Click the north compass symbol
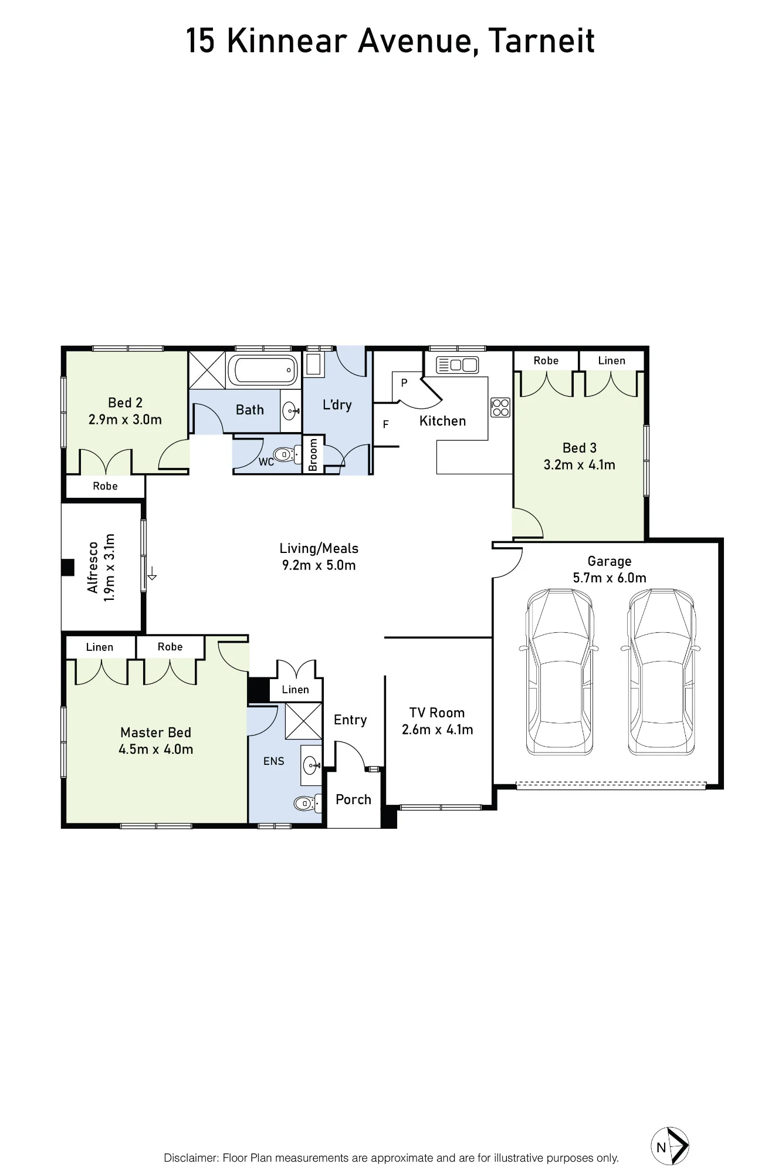[x=670, y=1146]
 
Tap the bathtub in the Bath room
[x=263, y=370]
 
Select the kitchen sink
[x=458, y=365]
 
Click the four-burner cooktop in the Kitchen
[x=500, y=407]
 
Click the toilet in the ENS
[x=307, y=803]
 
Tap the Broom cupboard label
[x=313, y=454]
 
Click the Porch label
[x=353, y=799]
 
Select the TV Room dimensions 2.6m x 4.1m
[x=437, y=730]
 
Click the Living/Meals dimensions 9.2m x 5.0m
[x=319, y=565]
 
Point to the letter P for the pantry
[x=404, y=383]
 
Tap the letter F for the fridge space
[x=385, y=424]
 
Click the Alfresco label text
[x=93, y=568]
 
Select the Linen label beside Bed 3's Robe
[x=611, y=361]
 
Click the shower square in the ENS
[x=303, y=721]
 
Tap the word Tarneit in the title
[x=541, y=41]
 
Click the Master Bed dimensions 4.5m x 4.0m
[x=155, y=750]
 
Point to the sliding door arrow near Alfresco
[x=151, y=573]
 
